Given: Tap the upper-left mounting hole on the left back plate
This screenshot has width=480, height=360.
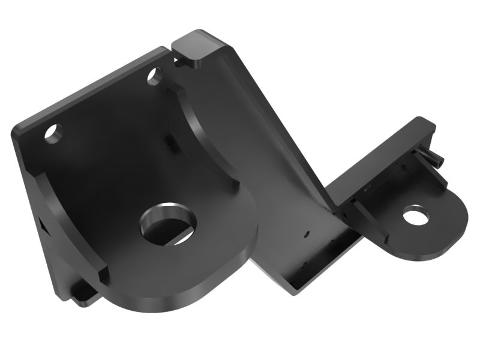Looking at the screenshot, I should point(53,133).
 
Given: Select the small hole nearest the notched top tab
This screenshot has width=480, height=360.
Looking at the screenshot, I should point(154,76).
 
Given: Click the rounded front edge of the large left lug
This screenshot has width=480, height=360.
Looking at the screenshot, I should point(198,282).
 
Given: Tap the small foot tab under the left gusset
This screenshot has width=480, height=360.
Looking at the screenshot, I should point(84,294).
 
